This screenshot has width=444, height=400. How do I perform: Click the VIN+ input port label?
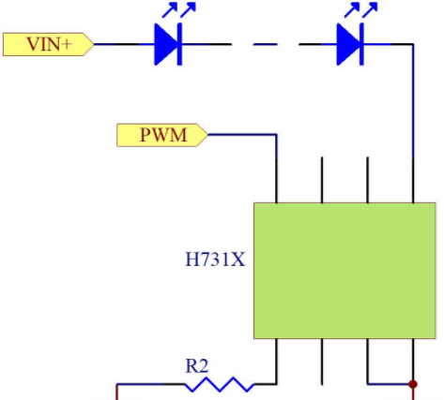point(49,44)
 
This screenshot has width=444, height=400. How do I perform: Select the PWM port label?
point(162,135)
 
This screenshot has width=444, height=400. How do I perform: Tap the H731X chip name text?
point(215,259)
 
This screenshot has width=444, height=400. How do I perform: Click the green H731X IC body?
point(344,271)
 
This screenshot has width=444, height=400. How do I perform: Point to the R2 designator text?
point(197,366)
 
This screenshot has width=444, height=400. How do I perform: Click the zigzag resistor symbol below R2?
point(220,384)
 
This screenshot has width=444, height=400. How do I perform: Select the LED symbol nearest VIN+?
point(168,44)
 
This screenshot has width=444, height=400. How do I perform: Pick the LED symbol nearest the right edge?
point(350,44)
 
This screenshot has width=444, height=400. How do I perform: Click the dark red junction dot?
point(413,384)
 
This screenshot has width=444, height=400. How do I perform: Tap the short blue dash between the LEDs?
point(266,44)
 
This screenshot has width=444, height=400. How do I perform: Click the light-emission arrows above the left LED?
point(179,9)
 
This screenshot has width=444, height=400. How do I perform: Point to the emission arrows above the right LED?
point(360,9)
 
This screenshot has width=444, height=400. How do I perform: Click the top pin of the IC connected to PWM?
point(276,180)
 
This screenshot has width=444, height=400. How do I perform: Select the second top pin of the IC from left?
point(322,180)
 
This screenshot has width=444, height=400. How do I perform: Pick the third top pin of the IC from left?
point(367,180)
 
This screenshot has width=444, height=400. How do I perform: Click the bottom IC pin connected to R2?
point(276,362)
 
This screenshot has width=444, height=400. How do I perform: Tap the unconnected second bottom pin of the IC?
point(322,362)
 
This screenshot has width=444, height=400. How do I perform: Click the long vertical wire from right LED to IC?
point(413,101)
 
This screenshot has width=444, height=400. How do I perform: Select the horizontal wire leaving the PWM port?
point(242,135)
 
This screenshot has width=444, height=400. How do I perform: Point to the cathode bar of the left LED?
point(179,44)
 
